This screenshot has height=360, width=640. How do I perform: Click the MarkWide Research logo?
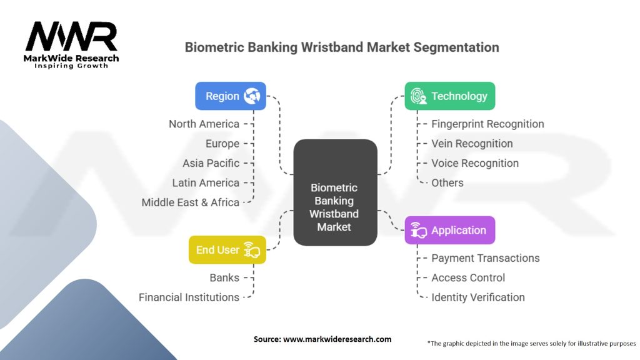click(x=72, y=44)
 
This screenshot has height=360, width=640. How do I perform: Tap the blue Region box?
click(x=231, y=96)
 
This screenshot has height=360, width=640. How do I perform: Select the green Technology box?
click(x=449, y=96)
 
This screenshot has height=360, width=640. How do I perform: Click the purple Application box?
click(x=449, y=230)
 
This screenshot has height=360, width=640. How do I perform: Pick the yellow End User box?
click(x=227, y=250)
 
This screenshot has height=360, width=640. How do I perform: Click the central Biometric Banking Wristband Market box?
click(x=335, y=192)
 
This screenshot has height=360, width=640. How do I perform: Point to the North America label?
click(x=204, y=124)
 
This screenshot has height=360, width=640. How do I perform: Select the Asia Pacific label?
click(x=211, y=163)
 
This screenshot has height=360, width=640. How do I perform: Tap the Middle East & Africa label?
click(x=190, y=202)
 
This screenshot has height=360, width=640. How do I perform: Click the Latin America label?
click(x=206, y=182)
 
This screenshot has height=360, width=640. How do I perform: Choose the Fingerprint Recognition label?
click(x=487, y=124)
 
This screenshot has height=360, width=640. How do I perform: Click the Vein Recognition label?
click(x=472, y=144)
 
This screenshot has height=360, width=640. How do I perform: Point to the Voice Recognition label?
click(x=475, y=163)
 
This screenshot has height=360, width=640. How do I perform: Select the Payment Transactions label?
click(x=485, y=258)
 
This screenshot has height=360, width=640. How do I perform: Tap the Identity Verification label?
click(x=478, y=297)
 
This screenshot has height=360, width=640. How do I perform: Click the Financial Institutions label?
click(x=189, y=297)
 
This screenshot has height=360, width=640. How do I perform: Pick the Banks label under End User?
click(x=224, y=277)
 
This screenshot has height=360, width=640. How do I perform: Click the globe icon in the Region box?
click(x=252, y=96)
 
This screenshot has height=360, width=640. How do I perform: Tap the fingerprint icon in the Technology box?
click(x=419, y=96)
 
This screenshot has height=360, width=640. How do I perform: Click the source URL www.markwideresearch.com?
click(x=338, y=339)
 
